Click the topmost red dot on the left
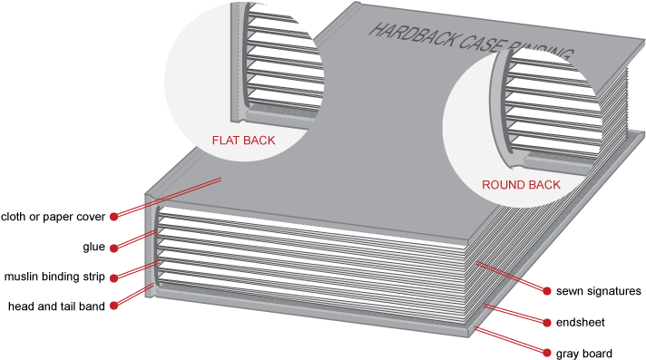(113, 217)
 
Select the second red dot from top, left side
(113, 248)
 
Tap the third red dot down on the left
(113, 277)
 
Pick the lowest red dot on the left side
(113, 306)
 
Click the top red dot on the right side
(547, 291)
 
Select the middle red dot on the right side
(547, 322)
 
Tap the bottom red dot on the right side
(547, 351)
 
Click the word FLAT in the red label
(226, 141)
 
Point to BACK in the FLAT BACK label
(259, 141)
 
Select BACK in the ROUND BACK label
(543, 184)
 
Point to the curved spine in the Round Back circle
(500, 109)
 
